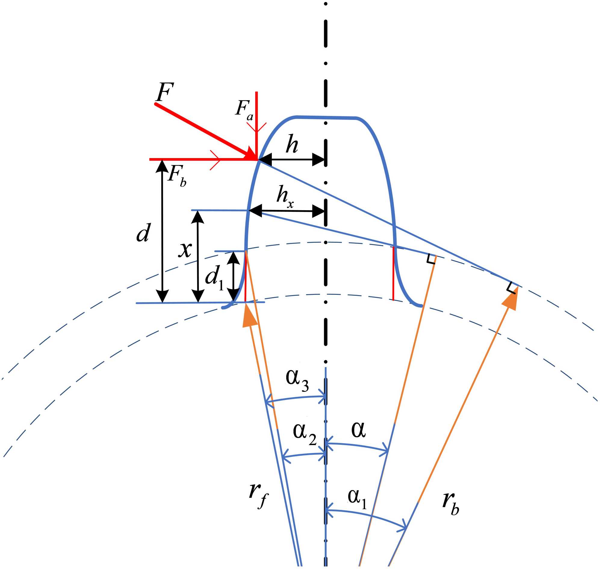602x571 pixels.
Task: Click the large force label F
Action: pos(165,92)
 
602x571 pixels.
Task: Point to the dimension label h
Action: pos(292,145)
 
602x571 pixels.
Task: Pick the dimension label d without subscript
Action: pos(143,233)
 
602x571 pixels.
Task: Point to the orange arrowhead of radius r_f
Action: pos(250,316)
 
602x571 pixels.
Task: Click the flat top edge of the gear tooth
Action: pos(326,117)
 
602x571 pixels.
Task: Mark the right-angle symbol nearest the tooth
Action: pos(431,259)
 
